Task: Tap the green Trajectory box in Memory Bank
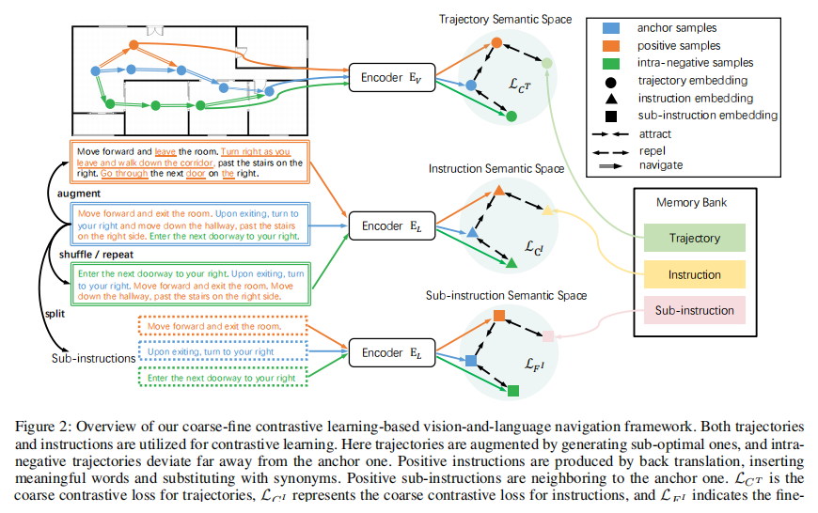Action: point(694,239)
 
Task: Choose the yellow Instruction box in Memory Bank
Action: point(694,274)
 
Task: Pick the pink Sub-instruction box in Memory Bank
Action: point(694,310)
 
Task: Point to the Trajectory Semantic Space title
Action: point(505,19)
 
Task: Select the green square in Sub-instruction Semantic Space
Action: point(514,390)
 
